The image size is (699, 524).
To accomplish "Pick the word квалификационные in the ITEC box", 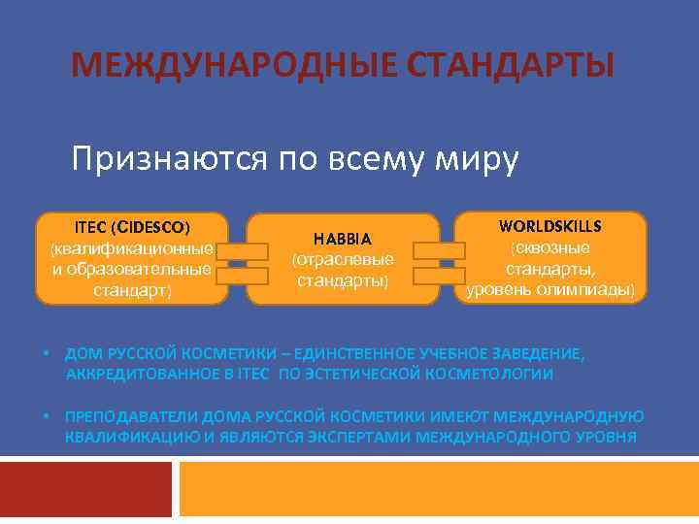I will (131, 249).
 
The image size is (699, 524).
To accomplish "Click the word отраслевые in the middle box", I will (342, 260).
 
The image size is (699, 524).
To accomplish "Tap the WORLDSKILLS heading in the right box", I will (549, 226).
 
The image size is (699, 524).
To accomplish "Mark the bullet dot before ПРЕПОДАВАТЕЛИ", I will (46, 417).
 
